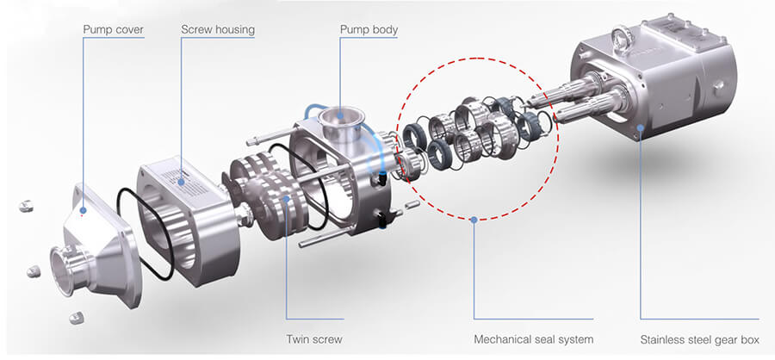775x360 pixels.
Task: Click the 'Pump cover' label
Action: coord(113,29)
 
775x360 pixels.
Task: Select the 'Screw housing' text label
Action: coord(218,29)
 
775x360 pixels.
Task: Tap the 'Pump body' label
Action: coord(369,29)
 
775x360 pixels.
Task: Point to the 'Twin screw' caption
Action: coord(313,339)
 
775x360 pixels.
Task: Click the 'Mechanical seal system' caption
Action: coord(533,339)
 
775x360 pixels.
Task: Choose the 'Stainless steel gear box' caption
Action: coord(699,339)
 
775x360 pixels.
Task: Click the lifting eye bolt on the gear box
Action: coord(620,37)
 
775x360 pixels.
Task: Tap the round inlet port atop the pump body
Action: coord(341,119)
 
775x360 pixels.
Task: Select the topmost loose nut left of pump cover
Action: coord(26,206)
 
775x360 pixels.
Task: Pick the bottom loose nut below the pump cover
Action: coord(76,318)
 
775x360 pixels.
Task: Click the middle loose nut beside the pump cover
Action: coord(33,271)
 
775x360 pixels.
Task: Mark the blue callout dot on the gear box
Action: coord(641,127)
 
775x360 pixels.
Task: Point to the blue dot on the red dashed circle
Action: coord(474,219)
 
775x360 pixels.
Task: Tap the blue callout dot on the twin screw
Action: coord(286,199)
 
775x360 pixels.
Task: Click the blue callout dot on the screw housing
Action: coord(182,182)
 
